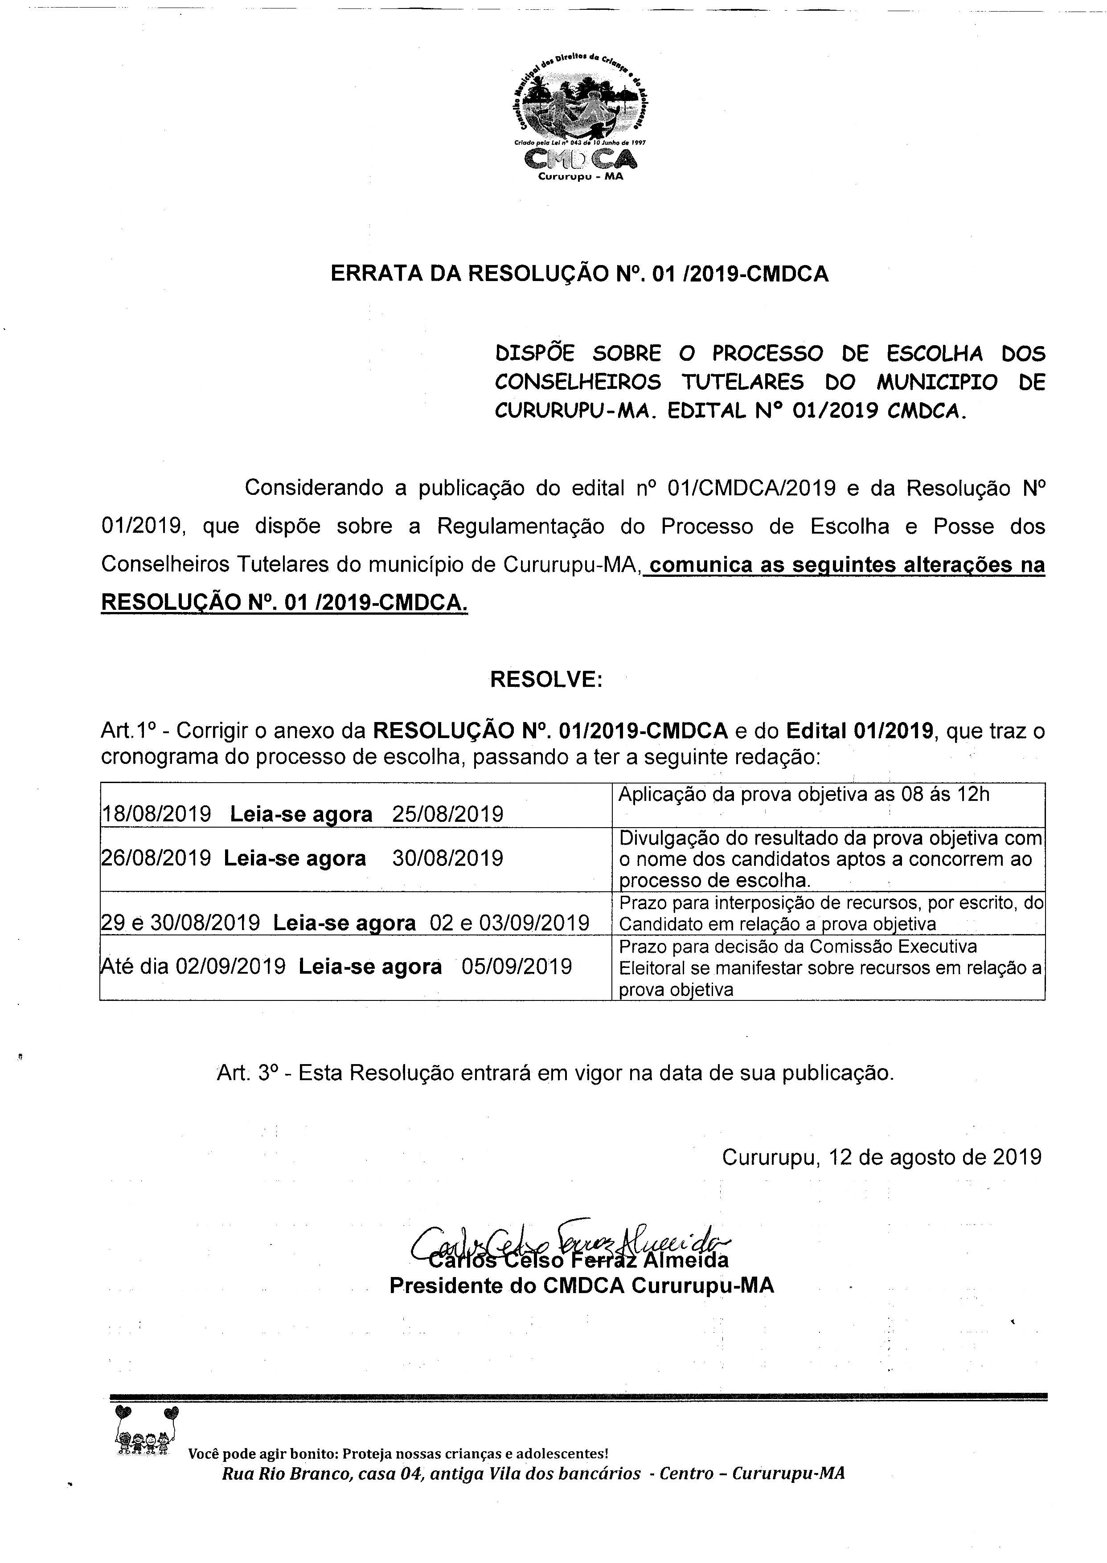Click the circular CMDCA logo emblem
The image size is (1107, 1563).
click(x=580, y=100)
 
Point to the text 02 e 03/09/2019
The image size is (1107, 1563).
click(x=509, y=922)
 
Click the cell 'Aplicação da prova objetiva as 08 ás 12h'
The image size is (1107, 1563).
click(x=804, y=795)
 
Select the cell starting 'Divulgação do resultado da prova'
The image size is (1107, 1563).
click(x=830, y=858)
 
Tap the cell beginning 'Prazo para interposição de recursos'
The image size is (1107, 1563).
click(x=830, y=913)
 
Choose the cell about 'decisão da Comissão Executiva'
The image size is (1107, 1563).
click(x=830, y=967)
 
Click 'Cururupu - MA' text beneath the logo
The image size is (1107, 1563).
click(x=580, y=176)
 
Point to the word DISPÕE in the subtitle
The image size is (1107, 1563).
click(x=534, y=353)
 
